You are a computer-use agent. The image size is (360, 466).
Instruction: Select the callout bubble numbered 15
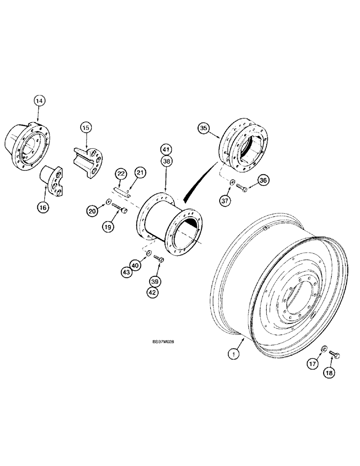click(86, 127)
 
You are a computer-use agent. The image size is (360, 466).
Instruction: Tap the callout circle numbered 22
click(121, 174)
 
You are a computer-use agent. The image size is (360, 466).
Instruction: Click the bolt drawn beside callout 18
click(334, 356)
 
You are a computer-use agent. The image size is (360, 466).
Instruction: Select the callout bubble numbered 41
click(167, 150)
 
